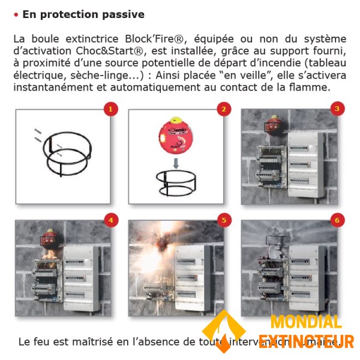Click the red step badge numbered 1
click(x=110, y=109)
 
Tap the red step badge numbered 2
click(x=224, y=109)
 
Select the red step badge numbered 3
click(x=337, y=109)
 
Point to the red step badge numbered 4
click(x=110, y=220)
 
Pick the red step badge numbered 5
click(x=224, y=220)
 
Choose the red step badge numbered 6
click(x=337, y=220)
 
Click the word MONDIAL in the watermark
click(x=306, y=322)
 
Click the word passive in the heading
click(x=122, y=14)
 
